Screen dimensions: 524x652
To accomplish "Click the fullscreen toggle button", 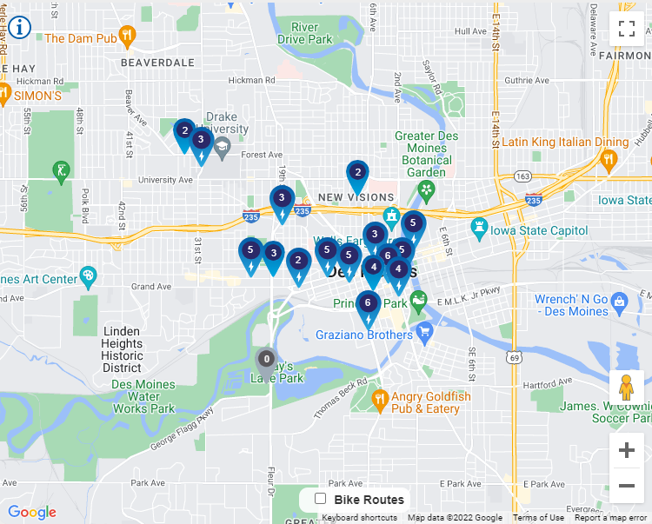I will point(626,28).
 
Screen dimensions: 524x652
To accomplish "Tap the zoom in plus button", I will point(626,450).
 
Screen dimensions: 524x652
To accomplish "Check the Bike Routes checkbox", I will point(321,499).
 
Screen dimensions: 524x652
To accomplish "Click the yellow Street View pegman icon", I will point(626,387).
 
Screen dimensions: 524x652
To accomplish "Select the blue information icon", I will point(19,26).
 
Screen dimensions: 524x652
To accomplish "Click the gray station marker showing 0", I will point(266,360).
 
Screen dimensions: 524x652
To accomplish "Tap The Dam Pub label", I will point(80,38).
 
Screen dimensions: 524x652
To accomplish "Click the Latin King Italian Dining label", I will point(565,143).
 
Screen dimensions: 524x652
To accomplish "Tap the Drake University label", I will point(227,123).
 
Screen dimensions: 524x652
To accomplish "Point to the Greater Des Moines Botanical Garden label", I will point(426,154).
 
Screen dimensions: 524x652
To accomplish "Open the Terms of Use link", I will point(538,518).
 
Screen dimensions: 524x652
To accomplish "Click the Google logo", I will point(31,512).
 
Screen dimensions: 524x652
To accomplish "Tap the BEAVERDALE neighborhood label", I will point(157,63).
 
